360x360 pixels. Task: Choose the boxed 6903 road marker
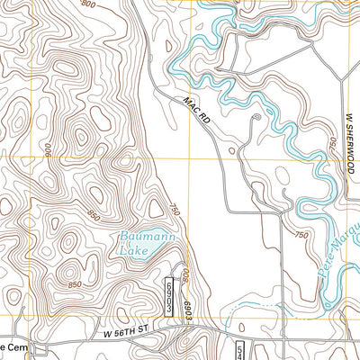[x=168, y=295]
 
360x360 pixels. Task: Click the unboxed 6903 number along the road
[x=189, y=297]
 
